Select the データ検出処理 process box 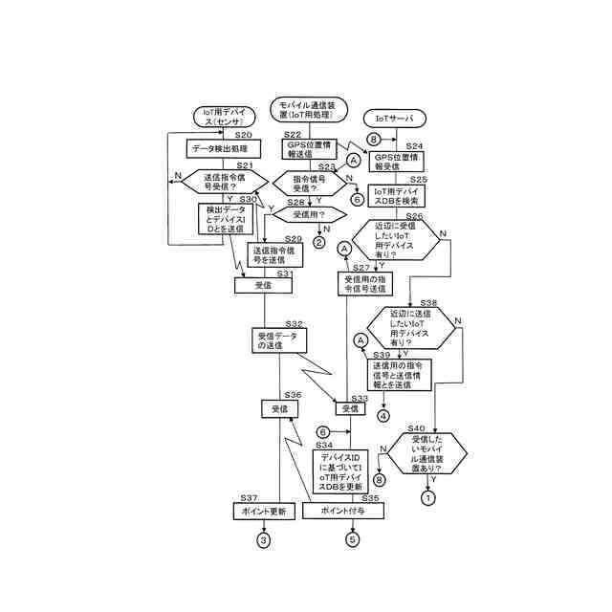(x=219, y=148)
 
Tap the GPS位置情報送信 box (x=307, y=150)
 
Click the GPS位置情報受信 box (x=396, y=161)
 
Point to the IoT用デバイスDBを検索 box (x=397, y=196)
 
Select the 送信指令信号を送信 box (x=275, y=254)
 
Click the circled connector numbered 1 (x=428, y=497)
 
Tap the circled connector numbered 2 (x=318, y=243)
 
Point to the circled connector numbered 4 (x=383, y=416)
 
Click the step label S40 (x=417, y=428)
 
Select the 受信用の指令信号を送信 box (x=364, y=284)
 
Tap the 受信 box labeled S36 (x=280, y=408)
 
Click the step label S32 (x=294, y=324)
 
